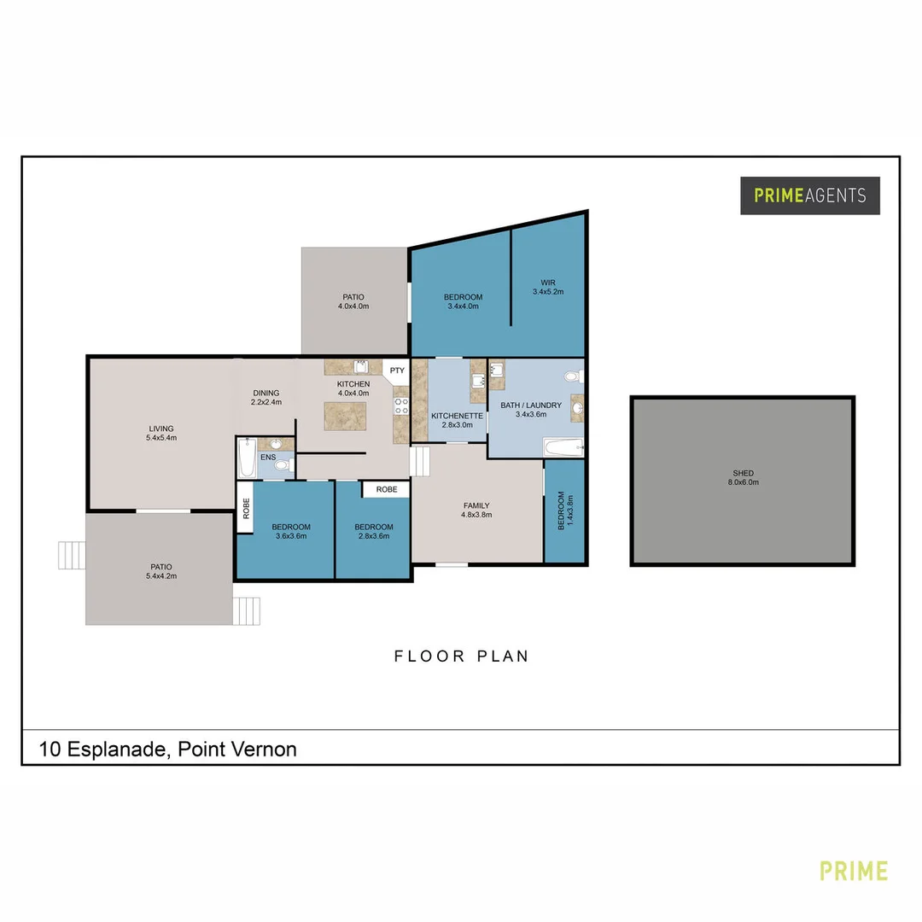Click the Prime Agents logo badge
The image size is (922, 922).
click(x=809, y=195)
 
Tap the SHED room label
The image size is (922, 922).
click(x=744, y=473)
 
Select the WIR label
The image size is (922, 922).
click(x=548, y=283)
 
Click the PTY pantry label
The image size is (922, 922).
click(x=397, y=371)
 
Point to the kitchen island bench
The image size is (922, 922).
click(x=345, y=417)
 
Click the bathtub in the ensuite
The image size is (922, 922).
click(x=247, y=458)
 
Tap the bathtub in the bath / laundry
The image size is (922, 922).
click(x=563, y=447)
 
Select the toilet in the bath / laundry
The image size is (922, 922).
click(x=574, y=376)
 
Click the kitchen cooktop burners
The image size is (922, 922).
click(x=401, y=406)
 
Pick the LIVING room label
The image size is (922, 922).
click(x=161, y=429)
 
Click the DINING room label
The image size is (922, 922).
click(x=266, y=393)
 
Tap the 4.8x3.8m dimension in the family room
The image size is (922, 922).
click(x=476, y=515)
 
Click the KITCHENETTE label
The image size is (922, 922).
click(x=457, y=416)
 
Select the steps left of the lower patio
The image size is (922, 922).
click(x=72, y=555)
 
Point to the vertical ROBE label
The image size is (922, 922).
click(x=247, y=508)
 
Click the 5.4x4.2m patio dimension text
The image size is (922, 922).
click(x=161, y=576)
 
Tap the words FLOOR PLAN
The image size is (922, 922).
click(x=462, y=656)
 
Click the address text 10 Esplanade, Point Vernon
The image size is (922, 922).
click(x=167, y=750)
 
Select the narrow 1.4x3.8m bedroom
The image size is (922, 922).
click(x=564, y=511)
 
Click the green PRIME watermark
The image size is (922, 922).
click(x=853, y=871)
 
